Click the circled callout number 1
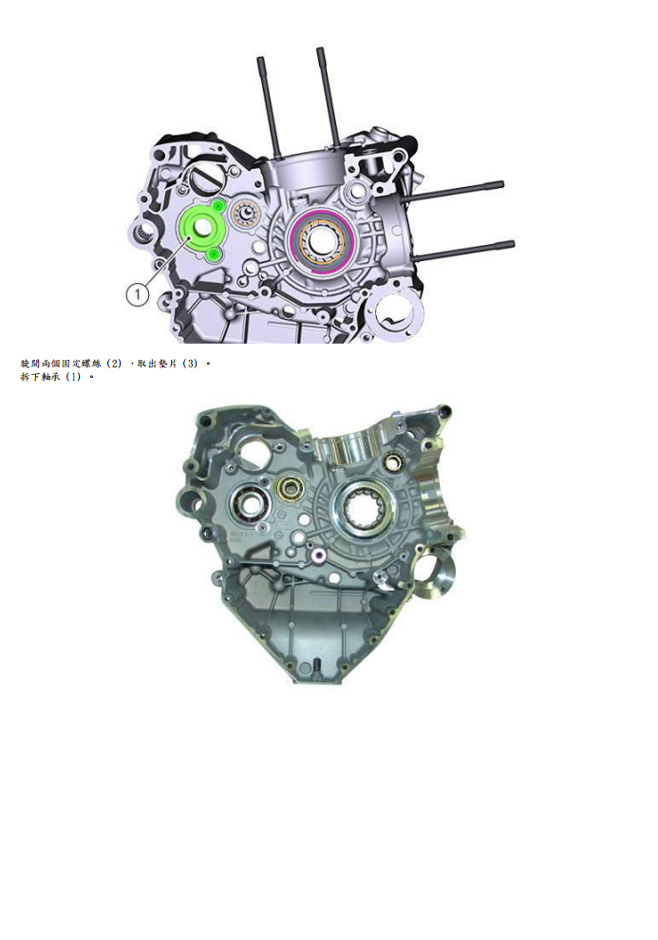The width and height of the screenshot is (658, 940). click(x=139, y=294)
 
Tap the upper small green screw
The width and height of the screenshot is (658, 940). click(x=218, y=205)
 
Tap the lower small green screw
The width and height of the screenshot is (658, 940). click(x=214, y=254)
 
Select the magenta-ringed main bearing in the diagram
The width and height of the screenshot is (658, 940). click(x=323, y=238)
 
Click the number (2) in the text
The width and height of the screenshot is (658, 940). click(x=114, y=364)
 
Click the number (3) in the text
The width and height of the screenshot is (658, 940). click(x=191, y=364)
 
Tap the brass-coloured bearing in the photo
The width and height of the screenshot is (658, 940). click(x=289, y=491)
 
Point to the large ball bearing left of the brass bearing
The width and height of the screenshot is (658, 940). click(x=252, y=503)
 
